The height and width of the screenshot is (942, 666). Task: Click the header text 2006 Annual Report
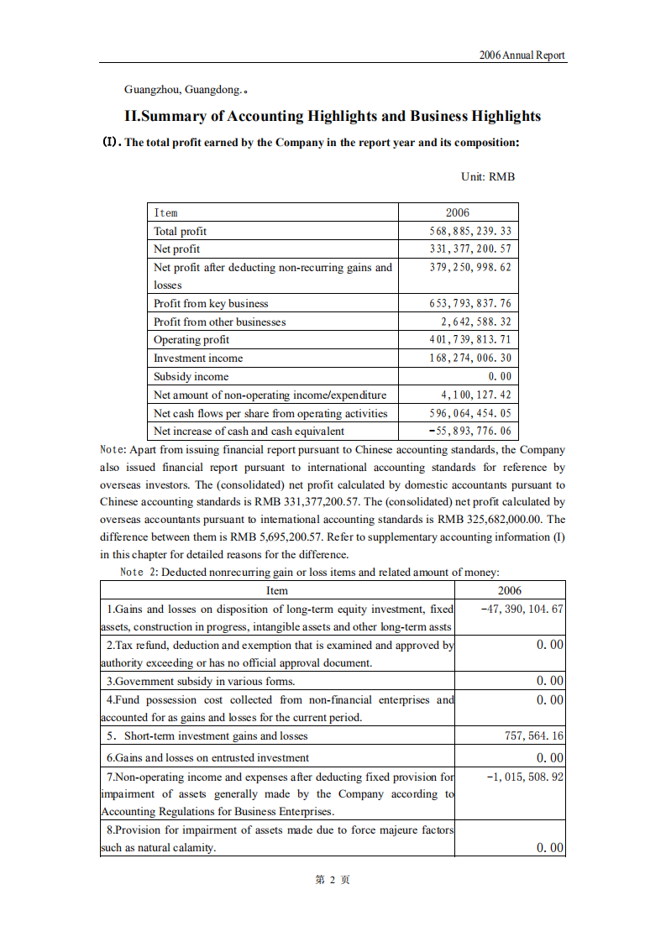(x=522, y=55)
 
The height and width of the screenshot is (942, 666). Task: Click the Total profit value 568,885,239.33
(x=469, y=231)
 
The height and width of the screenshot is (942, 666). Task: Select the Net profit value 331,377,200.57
(x=469, y=249)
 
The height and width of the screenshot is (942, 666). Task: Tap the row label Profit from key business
(x=211, y=304)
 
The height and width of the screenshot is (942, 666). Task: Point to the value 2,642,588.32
(x=475, y=322)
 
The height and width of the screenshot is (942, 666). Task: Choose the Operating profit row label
(x=191, y=340)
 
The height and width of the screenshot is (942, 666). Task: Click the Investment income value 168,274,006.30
(x=469, y=358)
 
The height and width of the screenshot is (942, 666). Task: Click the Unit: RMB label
(x=487, y=177)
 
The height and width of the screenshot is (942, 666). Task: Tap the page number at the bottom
(x=332, y=880)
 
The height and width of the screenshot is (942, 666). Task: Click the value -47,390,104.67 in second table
(x=522, y=609)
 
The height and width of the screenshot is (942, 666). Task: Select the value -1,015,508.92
(x=525, y=777)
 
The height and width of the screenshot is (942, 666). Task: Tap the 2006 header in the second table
(x=510, y=590)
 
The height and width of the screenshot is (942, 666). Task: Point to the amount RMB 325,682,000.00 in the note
(x=495, y=519)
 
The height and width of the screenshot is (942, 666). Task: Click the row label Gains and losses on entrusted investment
(x=207, y=757)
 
